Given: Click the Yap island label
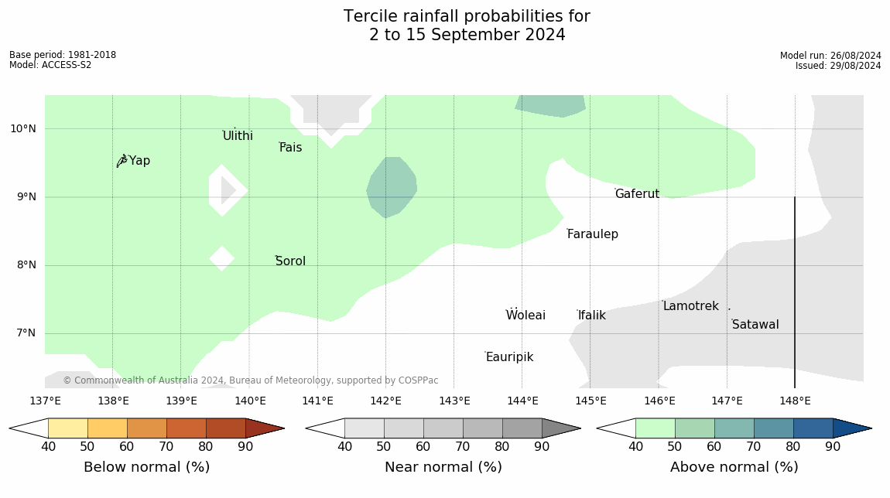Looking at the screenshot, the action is click(x=139, y=161).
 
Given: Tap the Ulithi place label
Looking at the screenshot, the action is click(x=238, y=135).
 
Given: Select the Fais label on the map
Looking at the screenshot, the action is click(x=291, y=148).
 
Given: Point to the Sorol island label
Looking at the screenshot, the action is click(x=291, y=261).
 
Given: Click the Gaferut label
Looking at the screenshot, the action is click(x=638, y=193).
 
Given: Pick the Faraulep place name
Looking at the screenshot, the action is click(x=593, y=234).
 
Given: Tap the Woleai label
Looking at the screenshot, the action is click(x=525, y=315).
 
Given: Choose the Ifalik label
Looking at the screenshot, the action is click(x=592, y=316).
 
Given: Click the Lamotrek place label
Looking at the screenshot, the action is click(x=691, y=305).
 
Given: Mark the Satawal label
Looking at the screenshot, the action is click(x=755, y=325).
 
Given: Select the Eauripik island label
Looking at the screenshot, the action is click(x=510, y=356).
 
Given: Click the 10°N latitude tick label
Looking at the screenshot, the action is click(x=22, y=129).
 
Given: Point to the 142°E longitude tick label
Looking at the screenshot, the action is click(x=386, y=401).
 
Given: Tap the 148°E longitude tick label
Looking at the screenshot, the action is click(x=796, y=401).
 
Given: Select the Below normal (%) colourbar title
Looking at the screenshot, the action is click(x=147, y=467).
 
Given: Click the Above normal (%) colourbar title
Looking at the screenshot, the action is click(x=734, y=467).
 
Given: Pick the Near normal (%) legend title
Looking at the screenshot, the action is click(x=443, y=467).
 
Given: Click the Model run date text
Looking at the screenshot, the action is click(x=830, y=56).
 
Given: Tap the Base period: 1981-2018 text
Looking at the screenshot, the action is click(x=63, y=55).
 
